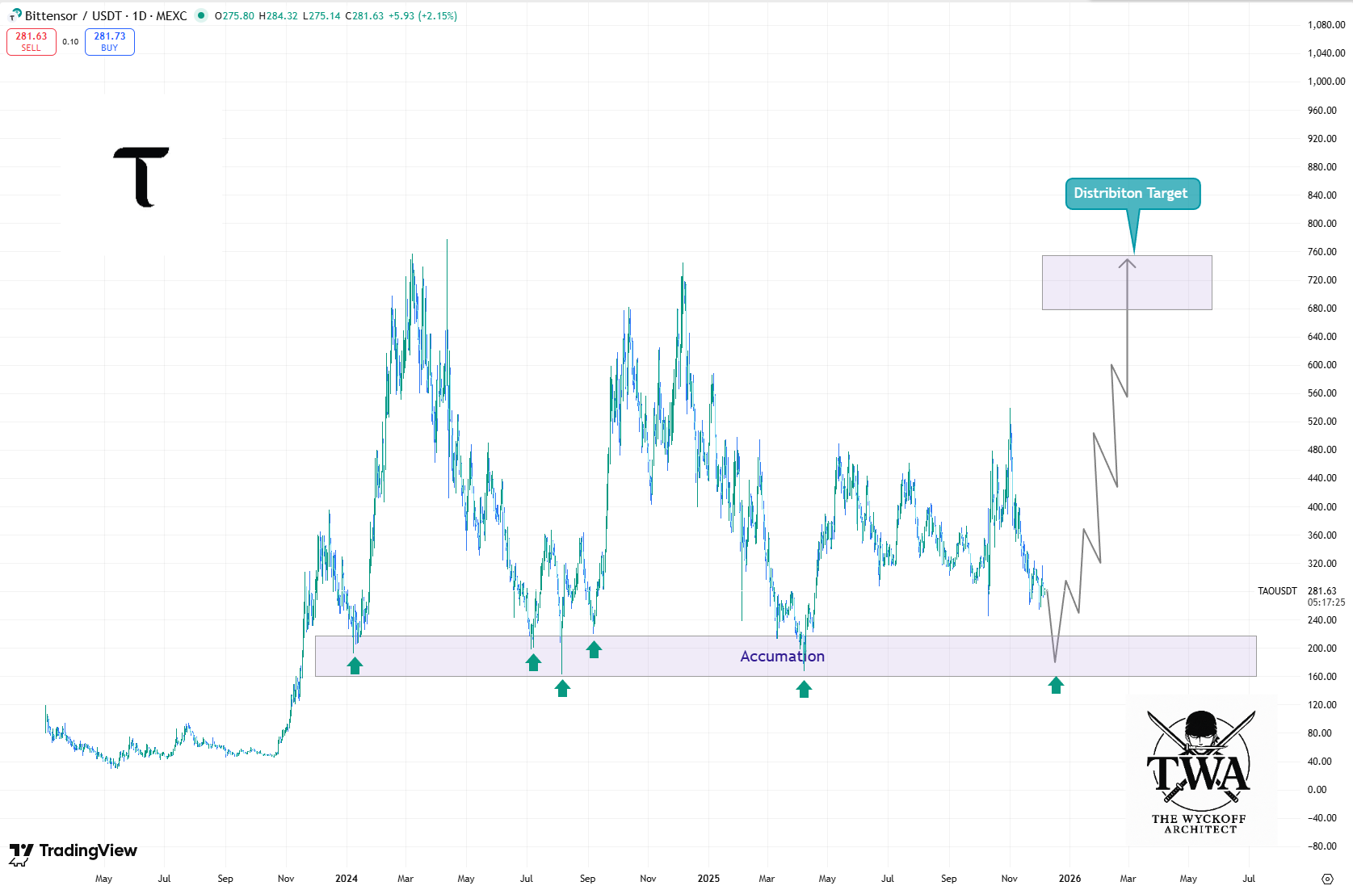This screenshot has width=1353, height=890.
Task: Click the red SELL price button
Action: click(x=32, y=41)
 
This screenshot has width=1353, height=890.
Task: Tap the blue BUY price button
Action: click(x=110, y=41)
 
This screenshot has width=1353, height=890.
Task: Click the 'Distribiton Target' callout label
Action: click(x=1131, y=193)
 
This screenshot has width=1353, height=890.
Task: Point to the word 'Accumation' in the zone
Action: click(x=782, y=657)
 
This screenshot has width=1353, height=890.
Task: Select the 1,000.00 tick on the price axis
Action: click(x=1326, y=82)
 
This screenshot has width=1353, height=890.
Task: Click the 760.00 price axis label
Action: click(x=1322, y=252)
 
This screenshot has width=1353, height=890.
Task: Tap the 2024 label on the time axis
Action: click(x=347, y=879)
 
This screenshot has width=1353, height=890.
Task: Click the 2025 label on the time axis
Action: click(x=708, y=879)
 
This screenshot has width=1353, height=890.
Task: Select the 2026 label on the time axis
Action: click(x=1069, y=879)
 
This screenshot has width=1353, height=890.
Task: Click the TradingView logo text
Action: click(x=87, y=850)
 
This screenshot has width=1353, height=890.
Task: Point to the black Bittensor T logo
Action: click(x=141, y=177)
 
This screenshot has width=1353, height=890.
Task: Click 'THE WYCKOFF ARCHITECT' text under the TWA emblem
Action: click(x=1200, y=824)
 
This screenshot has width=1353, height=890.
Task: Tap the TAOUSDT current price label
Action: click(x=1277, y=591)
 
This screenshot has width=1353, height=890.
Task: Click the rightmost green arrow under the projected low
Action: click(x=1056, y=686)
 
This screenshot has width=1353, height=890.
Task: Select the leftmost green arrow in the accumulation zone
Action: click(x=355, y=665)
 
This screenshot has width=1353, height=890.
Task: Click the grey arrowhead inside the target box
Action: click(x=1127, y=263)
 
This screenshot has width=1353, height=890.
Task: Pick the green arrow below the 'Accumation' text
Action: click(x=804, y=689)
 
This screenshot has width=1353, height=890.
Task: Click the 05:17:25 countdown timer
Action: click(x=1326, y=602)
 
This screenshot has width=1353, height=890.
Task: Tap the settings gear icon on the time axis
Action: click(x=1327, y=879)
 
